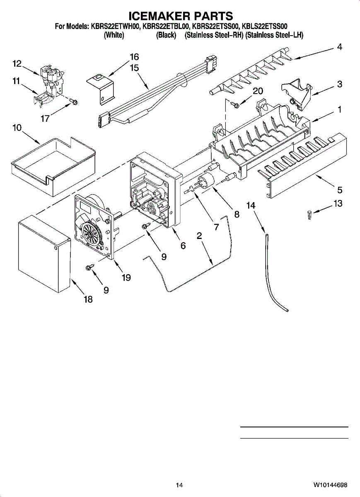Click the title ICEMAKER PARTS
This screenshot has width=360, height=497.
click(181, 16)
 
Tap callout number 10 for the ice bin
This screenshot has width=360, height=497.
click(17, 129)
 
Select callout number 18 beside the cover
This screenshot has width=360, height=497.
click(88, 299)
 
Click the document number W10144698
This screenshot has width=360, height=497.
click(330, 485)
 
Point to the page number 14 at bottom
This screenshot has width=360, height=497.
click(179, 485)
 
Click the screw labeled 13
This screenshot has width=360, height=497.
click(309, 215)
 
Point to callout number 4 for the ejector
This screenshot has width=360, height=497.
click(339, 47)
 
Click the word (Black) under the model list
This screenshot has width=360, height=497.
click(166, 36)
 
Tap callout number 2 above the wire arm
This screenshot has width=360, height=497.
click(199, 236)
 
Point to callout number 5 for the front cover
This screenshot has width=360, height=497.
click(339, 190)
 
